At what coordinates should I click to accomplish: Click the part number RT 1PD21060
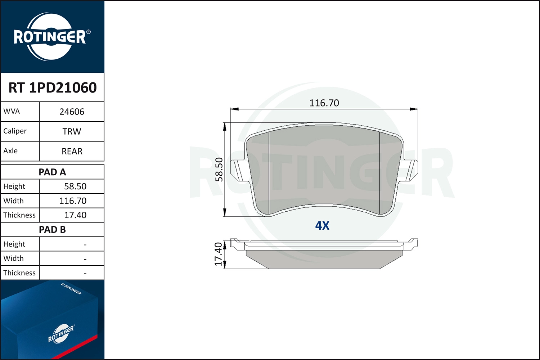click(x=53, y=87)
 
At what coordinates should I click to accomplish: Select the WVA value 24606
click(x=72, y=112)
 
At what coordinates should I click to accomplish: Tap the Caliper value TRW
click(x=72, y=131)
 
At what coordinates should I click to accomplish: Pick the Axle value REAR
click(x=72, y=151)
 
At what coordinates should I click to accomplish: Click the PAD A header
click(x=53, y=172)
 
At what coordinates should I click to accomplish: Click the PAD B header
click(x=53, y=230)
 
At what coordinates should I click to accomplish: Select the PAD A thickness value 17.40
click(x=75, y=215)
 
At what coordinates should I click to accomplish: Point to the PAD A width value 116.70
click(x=73, y=201)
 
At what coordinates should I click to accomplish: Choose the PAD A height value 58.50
click(x=75, y=186)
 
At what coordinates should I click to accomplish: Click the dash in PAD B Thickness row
click(x=85, y=273)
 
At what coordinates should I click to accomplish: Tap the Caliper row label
click(x=15, y=131)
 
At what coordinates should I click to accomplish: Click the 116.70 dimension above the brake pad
click(x=324, y=103)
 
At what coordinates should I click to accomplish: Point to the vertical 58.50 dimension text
click(x=219, y=169)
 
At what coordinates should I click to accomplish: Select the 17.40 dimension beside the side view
click(x=218, y=254)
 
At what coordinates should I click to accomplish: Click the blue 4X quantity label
click(x=322, y=226)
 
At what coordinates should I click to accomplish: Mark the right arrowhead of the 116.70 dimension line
click(x=414, y=109)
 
